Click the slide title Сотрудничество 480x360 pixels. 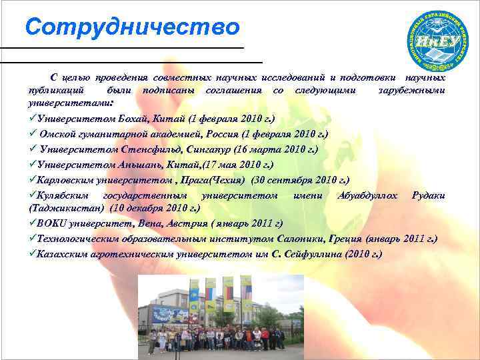pos(132,27)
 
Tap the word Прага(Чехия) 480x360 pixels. pos(218,179)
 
